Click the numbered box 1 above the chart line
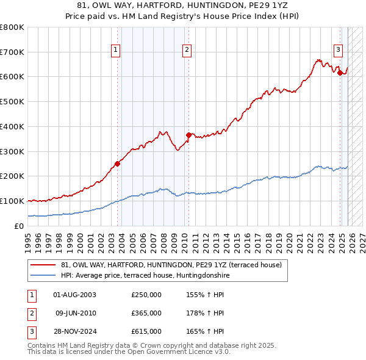click(116, 51)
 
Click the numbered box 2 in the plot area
click(187, 51)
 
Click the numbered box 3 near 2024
click(338, 51)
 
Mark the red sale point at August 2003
click(117, 163)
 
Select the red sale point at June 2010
click(188, 135)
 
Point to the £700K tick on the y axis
click(12, 52)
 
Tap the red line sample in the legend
click(43, 265)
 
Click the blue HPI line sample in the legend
click(43, 275)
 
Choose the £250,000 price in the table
click(146, 295)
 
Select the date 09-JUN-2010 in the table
click(76, 313)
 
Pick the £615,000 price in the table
click(146, 331)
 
